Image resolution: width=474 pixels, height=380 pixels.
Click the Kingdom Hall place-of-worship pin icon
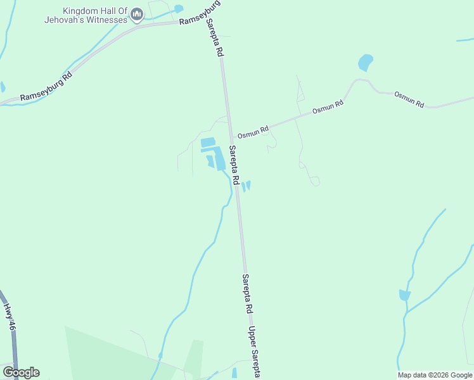(x=138, y=15)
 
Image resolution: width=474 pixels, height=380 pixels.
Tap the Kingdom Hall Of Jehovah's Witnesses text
(x=95, y=15)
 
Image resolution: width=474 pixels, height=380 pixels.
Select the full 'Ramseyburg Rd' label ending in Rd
(x=46, y=87)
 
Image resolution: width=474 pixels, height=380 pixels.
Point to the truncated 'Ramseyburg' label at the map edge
(x=200, y=13)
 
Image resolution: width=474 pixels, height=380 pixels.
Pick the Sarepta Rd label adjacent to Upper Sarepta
(x=247, y=294)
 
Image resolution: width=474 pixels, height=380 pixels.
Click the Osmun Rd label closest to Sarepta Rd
(x=253, y=132)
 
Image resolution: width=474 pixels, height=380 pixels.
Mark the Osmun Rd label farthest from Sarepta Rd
(x=409, y=99)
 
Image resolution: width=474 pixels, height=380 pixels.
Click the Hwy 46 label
(x=9, y=317)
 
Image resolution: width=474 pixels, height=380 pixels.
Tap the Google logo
(x=21, y=372)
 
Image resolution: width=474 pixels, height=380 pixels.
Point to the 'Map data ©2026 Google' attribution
(x=435, y=375)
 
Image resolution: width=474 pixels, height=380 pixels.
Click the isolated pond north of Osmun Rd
(x=365, y=63)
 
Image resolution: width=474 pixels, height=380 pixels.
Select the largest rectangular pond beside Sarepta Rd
(x=219, y=159)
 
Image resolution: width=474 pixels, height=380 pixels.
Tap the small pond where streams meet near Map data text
(x=404, y=295)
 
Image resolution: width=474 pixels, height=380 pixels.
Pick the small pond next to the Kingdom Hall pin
(x=178, y=9)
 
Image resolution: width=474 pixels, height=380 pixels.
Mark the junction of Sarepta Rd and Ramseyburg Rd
(x=208, y=21)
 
